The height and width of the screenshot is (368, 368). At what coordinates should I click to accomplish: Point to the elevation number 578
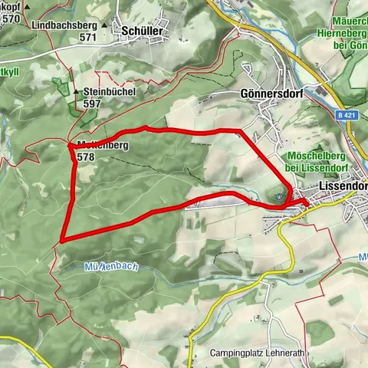tap(85, 156)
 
